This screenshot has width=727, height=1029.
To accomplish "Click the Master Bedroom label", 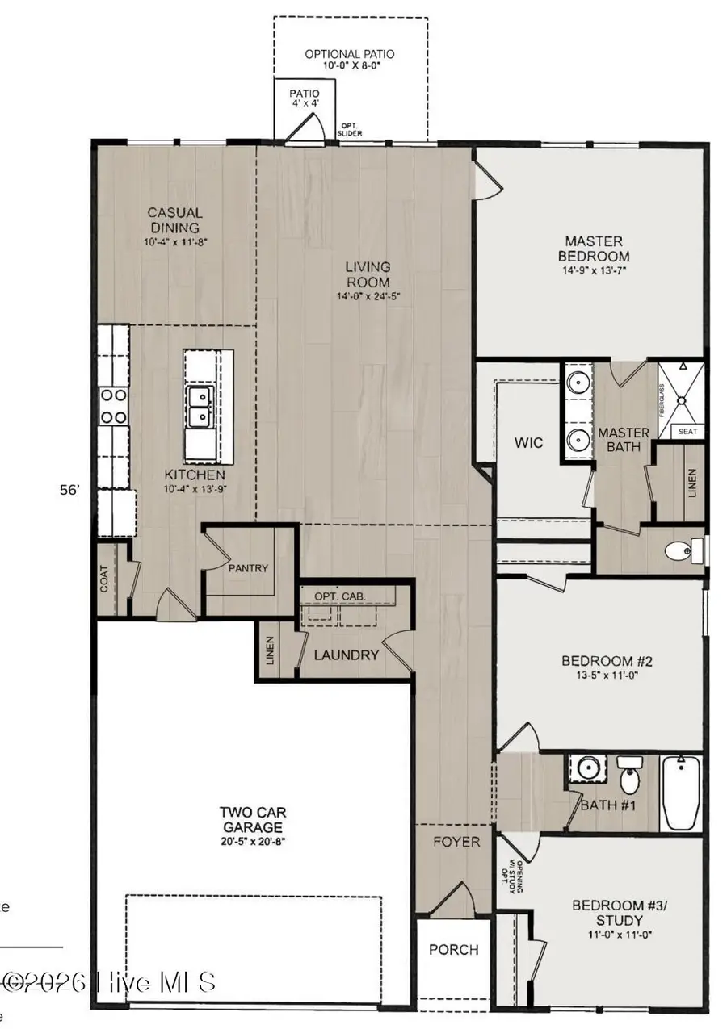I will click(594, 248).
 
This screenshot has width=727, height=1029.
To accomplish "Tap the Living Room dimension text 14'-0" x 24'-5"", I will click(368, 296).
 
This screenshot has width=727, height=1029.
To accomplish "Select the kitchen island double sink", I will click(197, 406).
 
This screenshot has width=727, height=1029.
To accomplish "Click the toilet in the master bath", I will click(678, 551).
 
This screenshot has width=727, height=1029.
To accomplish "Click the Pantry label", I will click(248, 568).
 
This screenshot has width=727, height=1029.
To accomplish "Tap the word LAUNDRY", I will click(347, 655).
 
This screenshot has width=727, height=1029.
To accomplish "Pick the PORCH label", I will click(453, 950).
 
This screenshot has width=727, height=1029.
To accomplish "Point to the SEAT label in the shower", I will click(687, 432).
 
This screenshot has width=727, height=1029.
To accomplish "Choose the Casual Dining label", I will click(174, 220).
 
